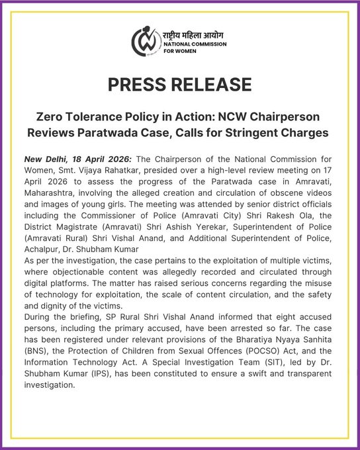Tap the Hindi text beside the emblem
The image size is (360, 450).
tap(197, 34)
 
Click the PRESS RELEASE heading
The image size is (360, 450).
tap(180, 85)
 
